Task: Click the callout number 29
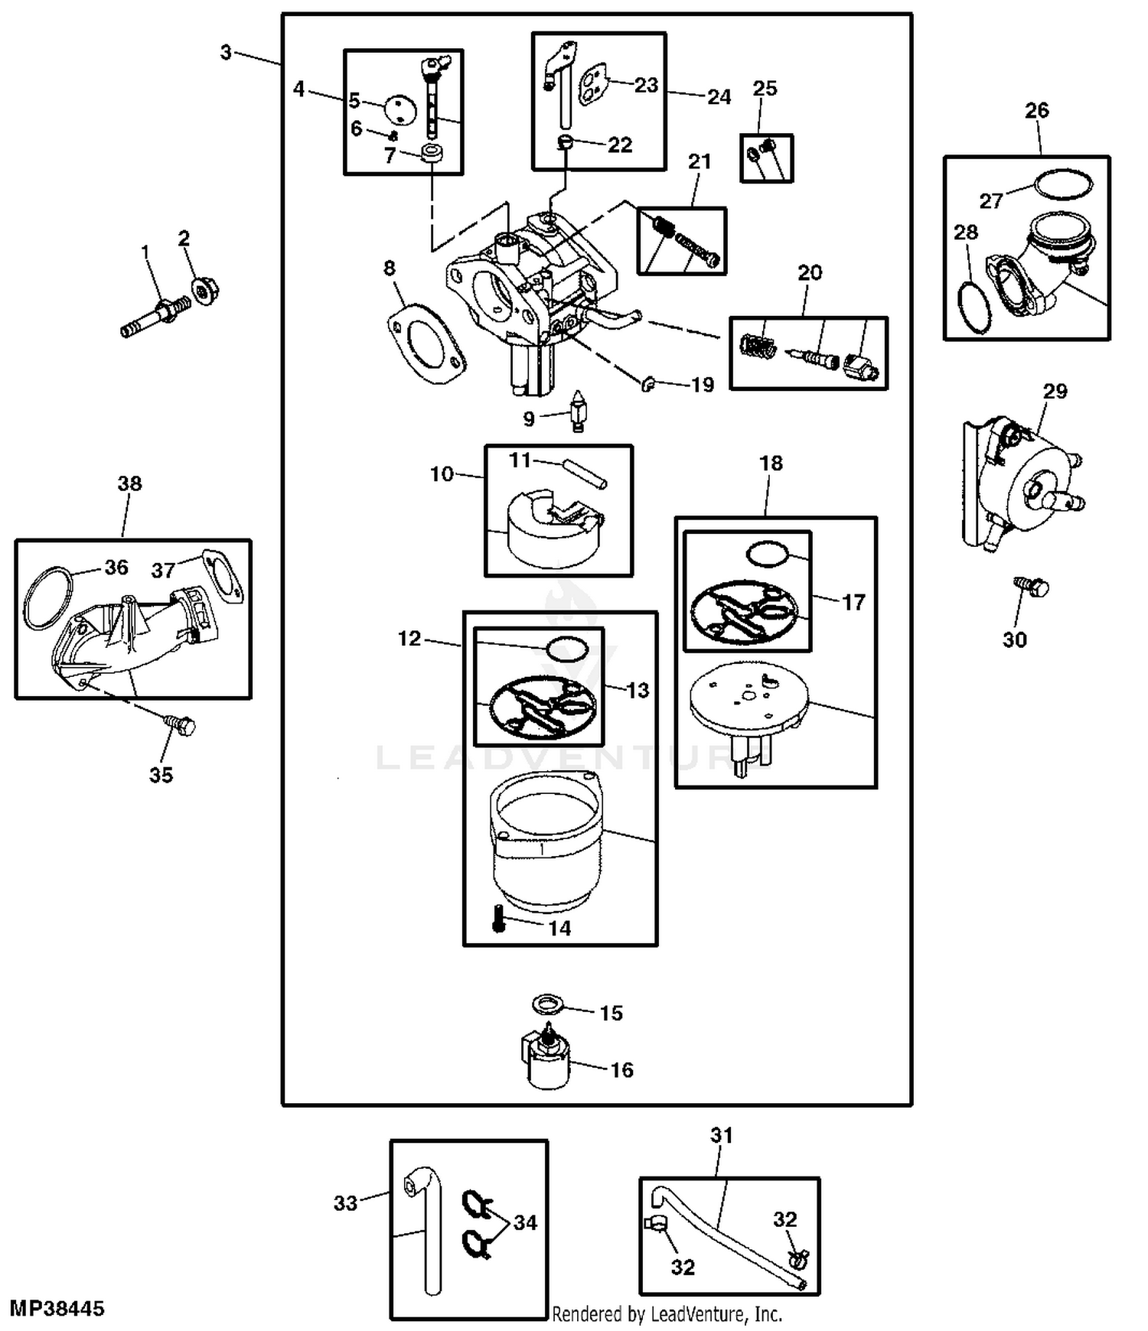[x=1055, y=392]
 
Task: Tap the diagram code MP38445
[x=57, y=1308]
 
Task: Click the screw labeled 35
[x=181, y=724]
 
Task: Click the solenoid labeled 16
[x=547, y=1058]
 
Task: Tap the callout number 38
[x=129, y=483]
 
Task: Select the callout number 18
[x=771, y=463]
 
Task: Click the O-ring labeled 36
[x=47, y=597]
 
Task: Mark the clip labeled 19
[x=648, y=384]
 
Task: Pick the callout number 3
[x=226, y=52]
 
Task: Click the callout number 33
[x=345, y=1203]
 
